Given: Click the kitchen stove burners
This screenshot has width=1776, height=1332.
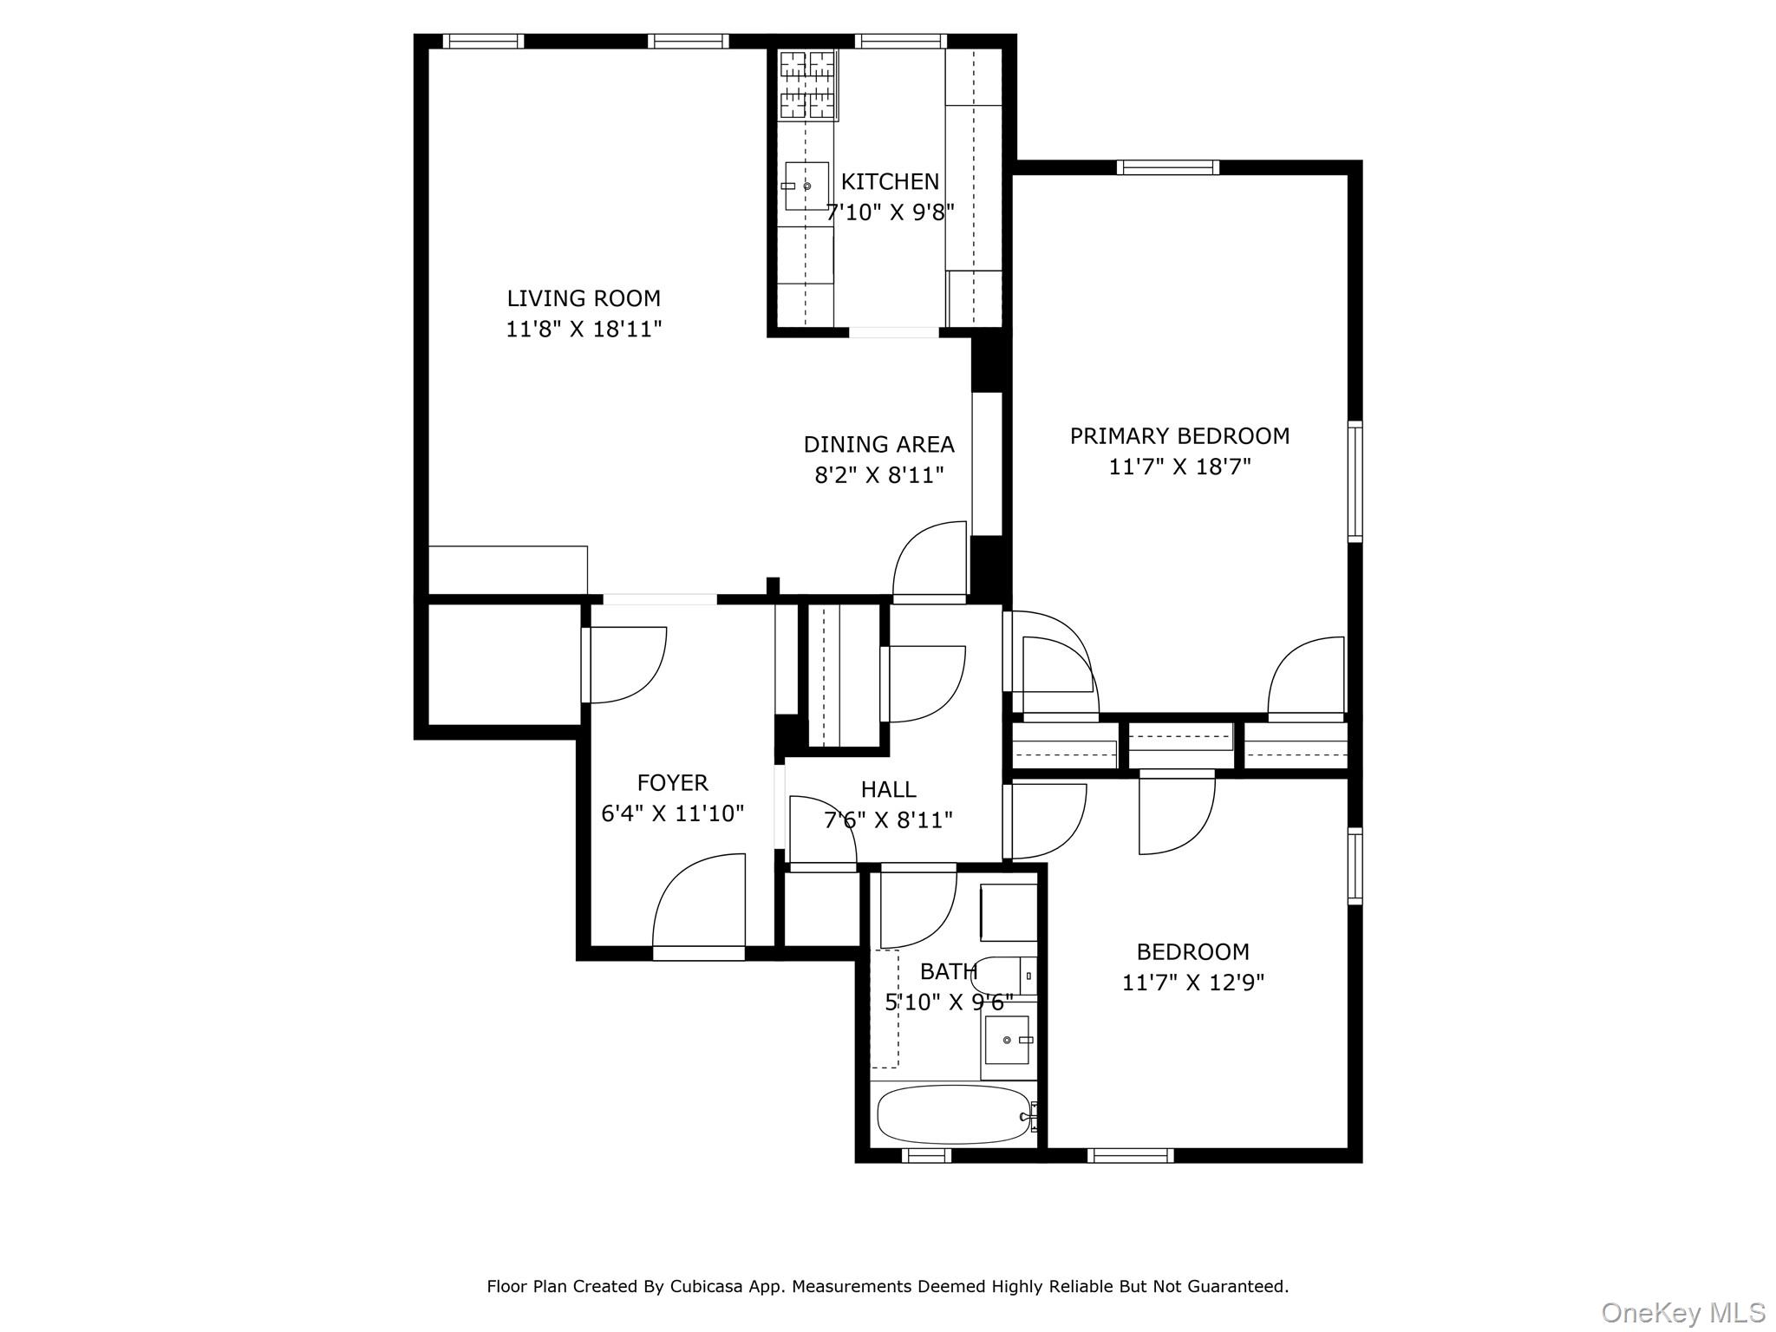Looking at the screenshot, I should coord(807,84).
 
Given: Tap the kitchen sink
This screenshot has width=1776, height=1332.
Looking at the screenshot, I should coord(806,186).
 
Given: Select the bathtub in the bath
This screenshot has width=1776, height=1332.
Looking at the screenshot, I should coord(953,1114).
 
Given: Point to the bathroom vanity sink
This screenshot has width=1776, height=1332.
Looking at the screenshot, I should coord(1008,1040).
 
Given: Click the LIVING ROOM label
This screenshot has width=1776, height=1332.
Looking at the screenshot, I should coord(584,298).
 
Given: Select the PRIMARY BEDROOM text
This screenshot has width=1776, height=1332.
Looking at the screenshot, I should coord(1179,436).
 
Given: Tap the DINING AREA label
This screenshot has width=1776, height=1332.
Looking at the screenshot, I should coord(878,445).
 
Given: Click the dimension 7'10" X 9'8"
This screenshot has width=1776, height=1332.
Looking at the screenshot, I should coord(890,212).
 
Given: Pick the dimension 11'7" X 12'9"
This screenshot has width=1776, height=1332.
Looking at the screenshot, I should coord(1193,983).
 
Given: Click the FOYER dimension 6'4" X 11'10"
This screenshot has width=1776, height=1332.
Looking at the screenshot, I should coord(673,813).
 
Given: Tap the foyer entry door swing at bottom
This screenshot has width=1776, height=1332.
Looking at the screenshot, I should coord(699,902).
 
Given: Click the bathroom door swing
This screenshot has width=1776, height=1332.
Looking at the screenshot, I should coord(917,907).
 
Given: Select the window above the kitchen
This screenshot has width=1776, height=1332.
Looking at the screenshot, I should coord(900,41).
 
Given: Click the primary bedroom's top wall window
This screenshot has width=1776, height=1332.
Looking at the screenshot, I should coord(1167,167).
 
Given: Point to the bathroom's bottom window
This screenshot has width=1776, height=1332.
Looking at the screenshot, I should coord(926,1155).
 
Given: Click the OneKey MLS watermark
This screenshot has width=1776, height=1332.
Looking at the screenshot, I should coord(1682,1312).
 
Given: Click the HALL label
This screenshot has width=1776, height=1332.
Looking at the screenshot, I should coord(888,789).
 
